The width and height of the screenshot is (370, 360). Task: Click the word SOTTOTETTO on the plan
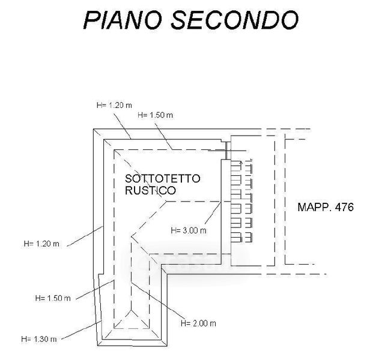pos(163,179)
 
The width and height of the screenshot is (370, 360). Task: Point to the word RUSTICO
pos(151,191)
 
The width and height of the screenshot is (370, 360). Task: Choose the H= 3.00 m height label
pos(189,229)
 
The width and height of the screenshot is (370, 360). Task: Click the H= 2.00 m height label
pos(198,323)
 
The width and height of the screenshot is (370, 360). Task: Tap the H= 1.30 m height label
pos(39,338)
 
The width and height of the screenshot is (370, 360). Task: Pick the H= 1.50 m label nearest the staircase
pos(155,115)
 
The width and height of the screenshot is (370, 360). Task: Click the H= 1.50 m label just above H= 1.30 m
pos(53,297)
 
